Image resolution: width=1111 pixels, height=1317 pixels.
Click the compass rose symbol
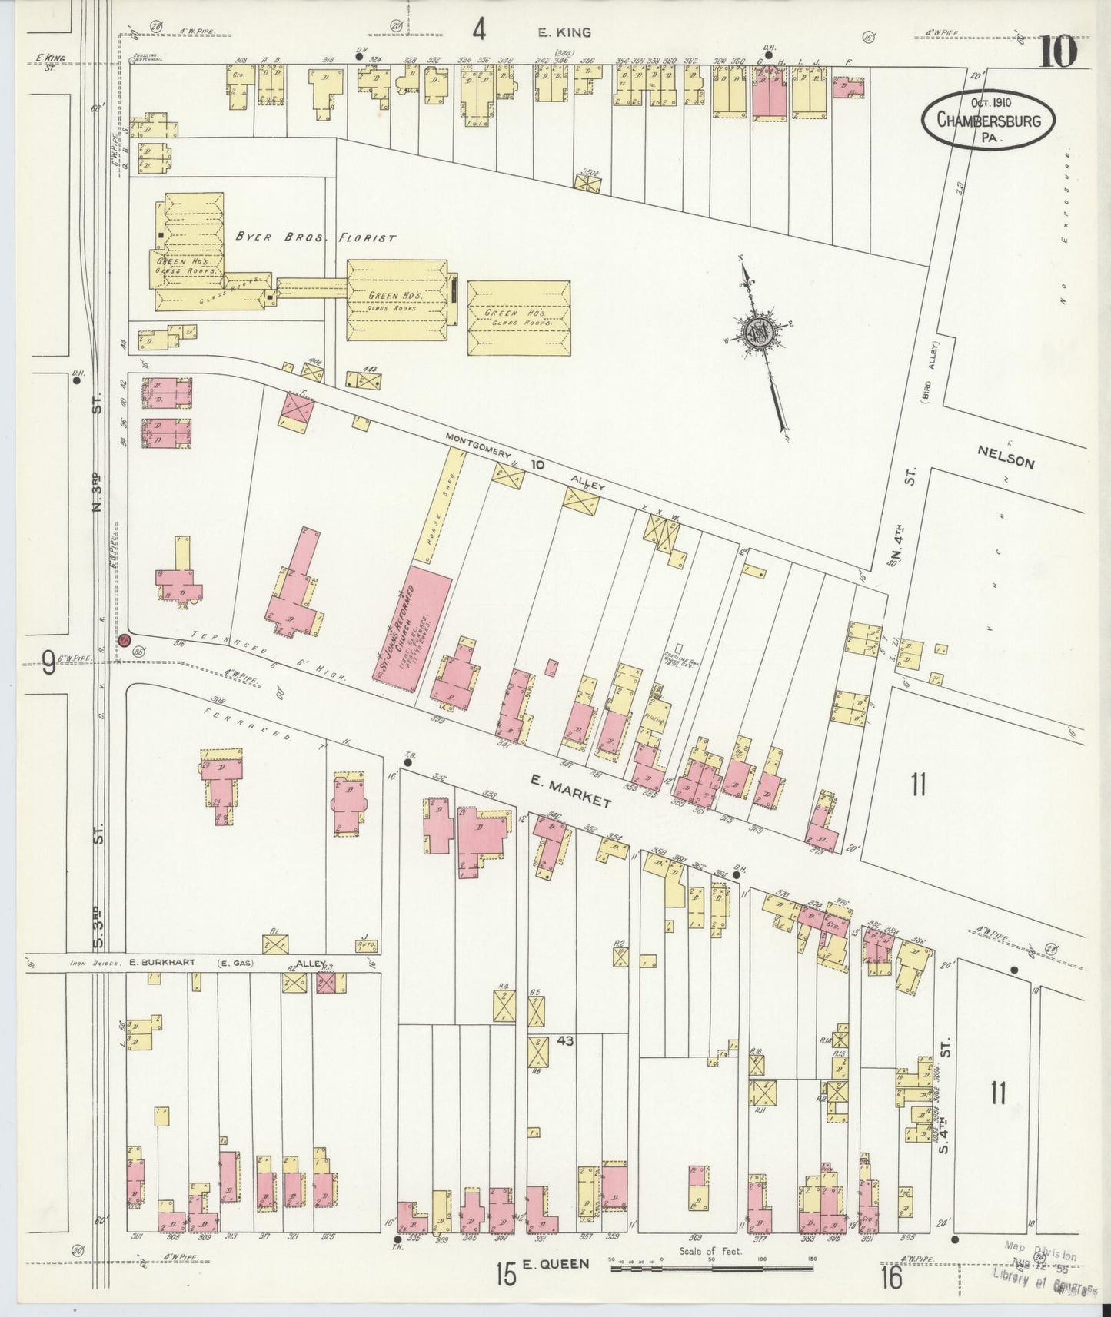[757, 330]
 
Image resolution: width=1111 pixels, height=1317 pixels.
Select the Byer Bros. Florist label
[315, 237]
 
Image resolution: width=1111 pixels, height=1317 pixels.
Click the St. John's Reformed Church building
[411, 623]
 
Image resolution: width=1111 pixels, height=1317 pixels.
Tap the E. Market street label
[570, 791]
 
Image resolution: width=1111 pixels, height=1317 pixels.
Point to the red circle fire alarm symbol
[124, 639]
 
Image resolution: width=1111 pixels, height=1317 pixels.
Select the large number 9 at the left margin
[48, 662]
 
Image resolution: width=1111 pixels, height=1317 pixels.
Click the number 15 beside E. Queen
[505, 1275]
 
